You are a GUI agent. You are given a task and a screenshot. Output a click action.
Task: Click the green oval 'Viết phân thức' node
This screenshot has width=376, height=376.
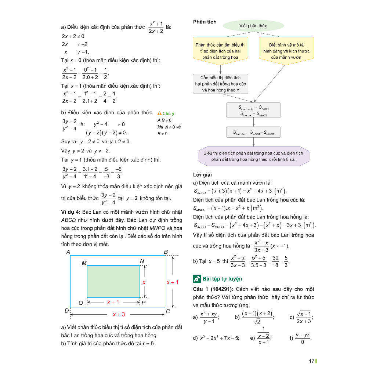[253, 26]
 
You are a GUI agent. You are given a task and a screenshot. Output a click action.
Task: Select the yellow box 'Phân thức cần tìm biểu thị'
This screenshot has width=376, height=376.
[220, 51]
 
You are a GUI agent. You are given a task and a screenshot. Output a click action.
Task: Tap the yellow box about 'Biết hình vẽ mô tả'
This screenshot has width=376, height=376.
[286, 51]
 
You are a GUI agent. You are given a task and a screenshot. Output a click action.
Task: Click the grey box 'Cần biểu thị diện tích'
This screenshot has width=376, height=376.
[220, 84]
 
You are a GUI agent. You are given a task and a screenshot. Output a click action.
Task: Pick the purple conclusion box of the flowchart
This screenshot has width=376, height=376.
[253, 156]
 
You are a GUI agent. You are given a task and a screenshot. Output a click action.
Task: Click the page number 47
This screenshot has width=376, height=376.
[311, 361]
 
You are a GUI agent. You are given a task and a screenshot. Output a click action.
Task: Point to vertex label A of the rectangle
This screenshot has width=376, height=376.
[68, 252]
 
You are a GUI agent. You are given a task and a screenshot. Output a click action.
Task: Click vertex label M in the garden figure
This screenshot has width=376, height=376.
[84, 263]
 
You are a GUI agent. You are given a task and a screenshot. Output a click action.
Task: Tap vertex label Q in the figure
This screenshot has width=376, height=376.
[80, 303]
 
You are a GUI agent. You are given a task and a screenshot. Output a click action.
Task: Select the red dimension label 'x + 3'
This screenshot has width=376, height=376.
[119, 314]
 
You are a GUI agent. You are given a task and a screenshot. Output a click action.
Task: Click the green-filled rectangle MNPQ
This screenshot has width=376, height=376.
[113, 281]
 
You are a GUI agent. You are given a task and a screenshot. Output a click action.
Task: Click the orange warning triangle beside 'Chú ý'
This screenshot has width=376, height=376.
[159, 113]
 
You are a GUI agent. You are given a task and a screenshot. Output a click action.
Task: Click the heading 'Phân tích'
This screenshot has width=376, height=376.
[205, 22]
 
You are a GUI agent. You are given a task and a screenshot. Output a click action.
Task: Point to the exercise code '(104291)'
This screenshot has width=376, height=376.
[222, 289]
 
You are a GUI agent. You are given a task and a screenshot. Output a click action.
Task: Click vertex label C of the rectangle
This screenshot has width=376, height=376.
[168, 311]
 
